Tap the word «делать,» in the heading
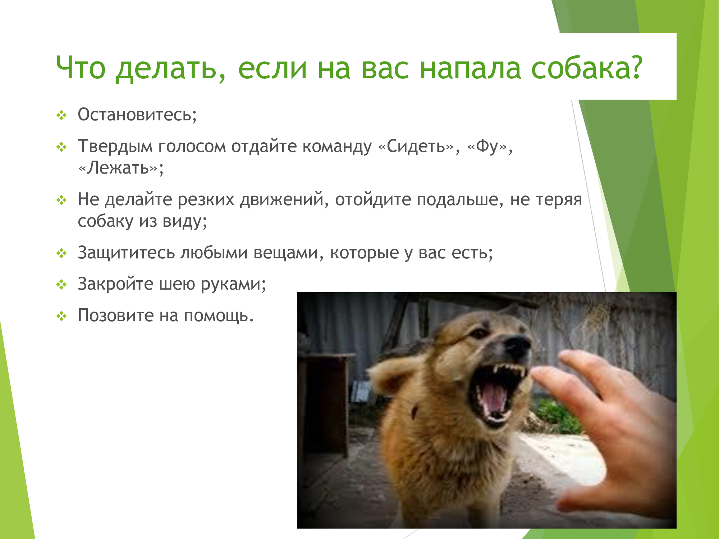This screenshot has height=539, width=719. [171, 69]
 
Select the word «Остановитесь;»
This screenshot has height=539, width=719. [137, 115]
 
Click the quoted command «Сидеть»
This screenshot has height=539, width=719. [416, 147]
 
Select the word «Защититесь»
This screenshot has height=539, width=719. [126, 253]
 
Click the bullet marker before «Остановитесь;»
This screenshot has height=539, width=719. [61, 116]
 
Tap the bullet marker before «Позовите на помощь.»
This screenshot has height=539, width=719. [61, 317]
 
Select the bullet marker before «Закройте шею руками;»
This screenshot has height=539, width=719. [61, 285]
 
